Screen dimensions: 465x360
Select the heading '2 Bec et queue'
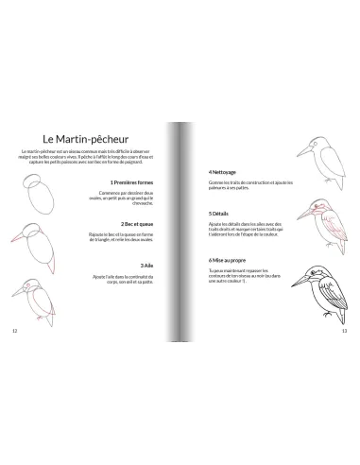(138, 224)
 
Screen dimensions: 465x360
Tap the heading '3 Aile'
(147, 266)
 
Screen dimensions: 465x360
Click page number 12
(13, 331)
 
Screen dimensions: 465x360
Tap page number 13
(345, 331)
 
